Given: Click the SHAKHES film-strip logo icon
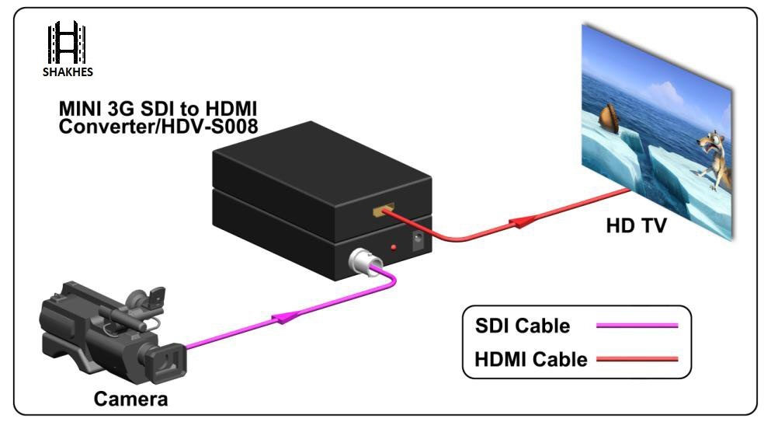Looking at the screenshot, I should (66, 43).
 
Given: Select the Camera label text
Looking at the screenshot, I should (130, 399).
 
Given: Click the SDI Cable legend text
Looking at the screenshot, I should (523, 326).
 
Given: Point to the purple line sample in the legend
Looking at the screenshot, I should (637, 326).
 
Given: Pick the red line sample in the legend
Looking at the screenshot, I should (637, 359).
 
